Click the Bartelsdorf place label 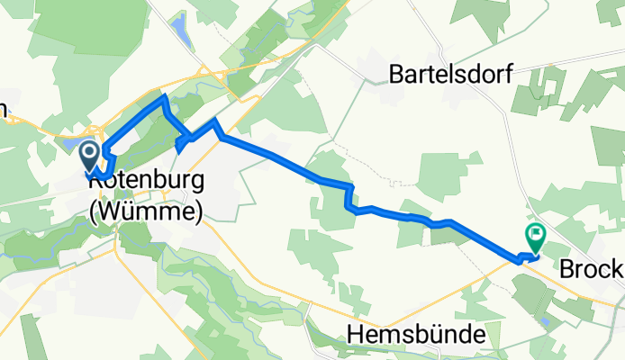[450, 74]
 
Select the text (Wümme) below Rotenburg [146, 209]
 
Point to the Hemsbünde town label [415, 335]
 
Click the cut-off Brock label [591, 269]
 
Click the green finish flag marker [535, 238]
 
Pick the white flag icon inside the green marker [535, 236]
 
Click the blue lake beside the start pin [69, 144]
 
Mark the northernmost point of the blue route [164, 95]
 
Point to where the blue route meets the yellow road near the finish [519, 260]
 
